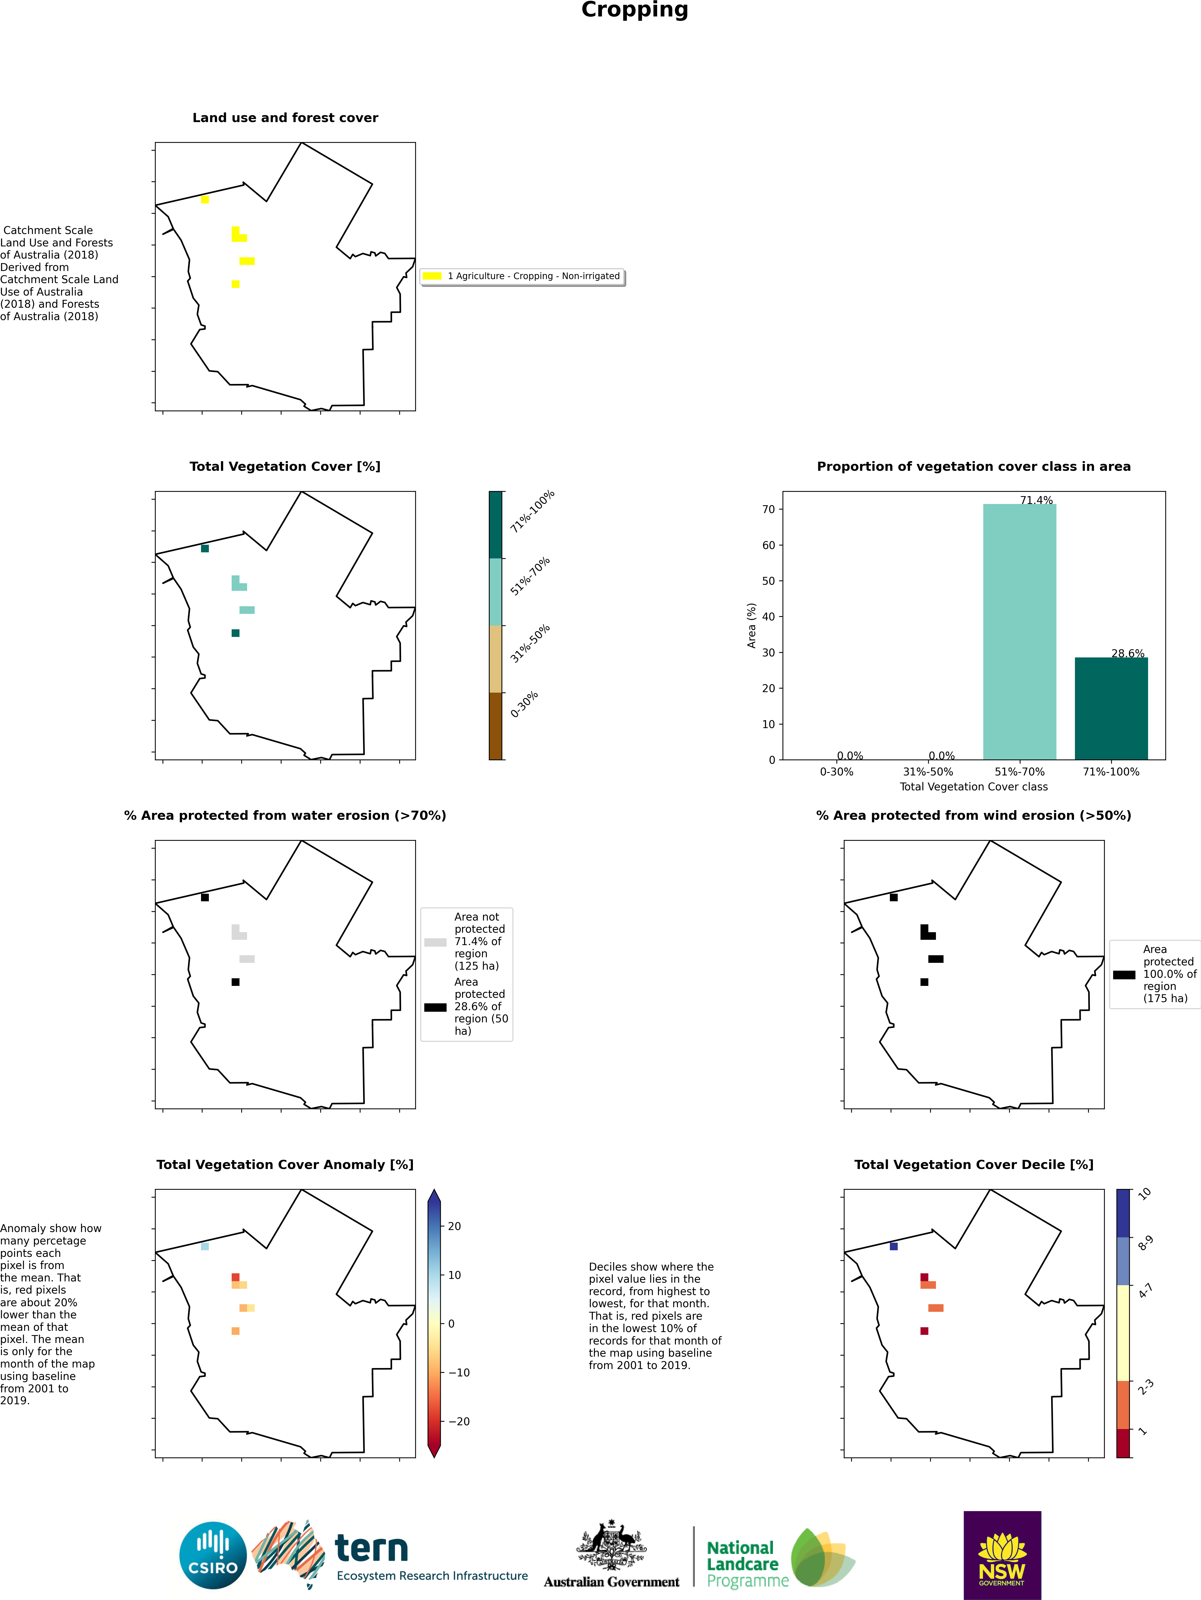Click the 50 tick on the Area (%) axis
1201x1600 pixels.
[768, 581]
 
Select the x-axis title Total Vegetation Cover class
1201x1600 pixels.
[973, 786]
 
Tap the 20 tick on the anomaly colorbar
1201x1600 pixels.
[454, 1226]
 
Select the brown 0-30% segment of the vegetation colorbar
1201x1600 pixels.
[495, 726]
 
